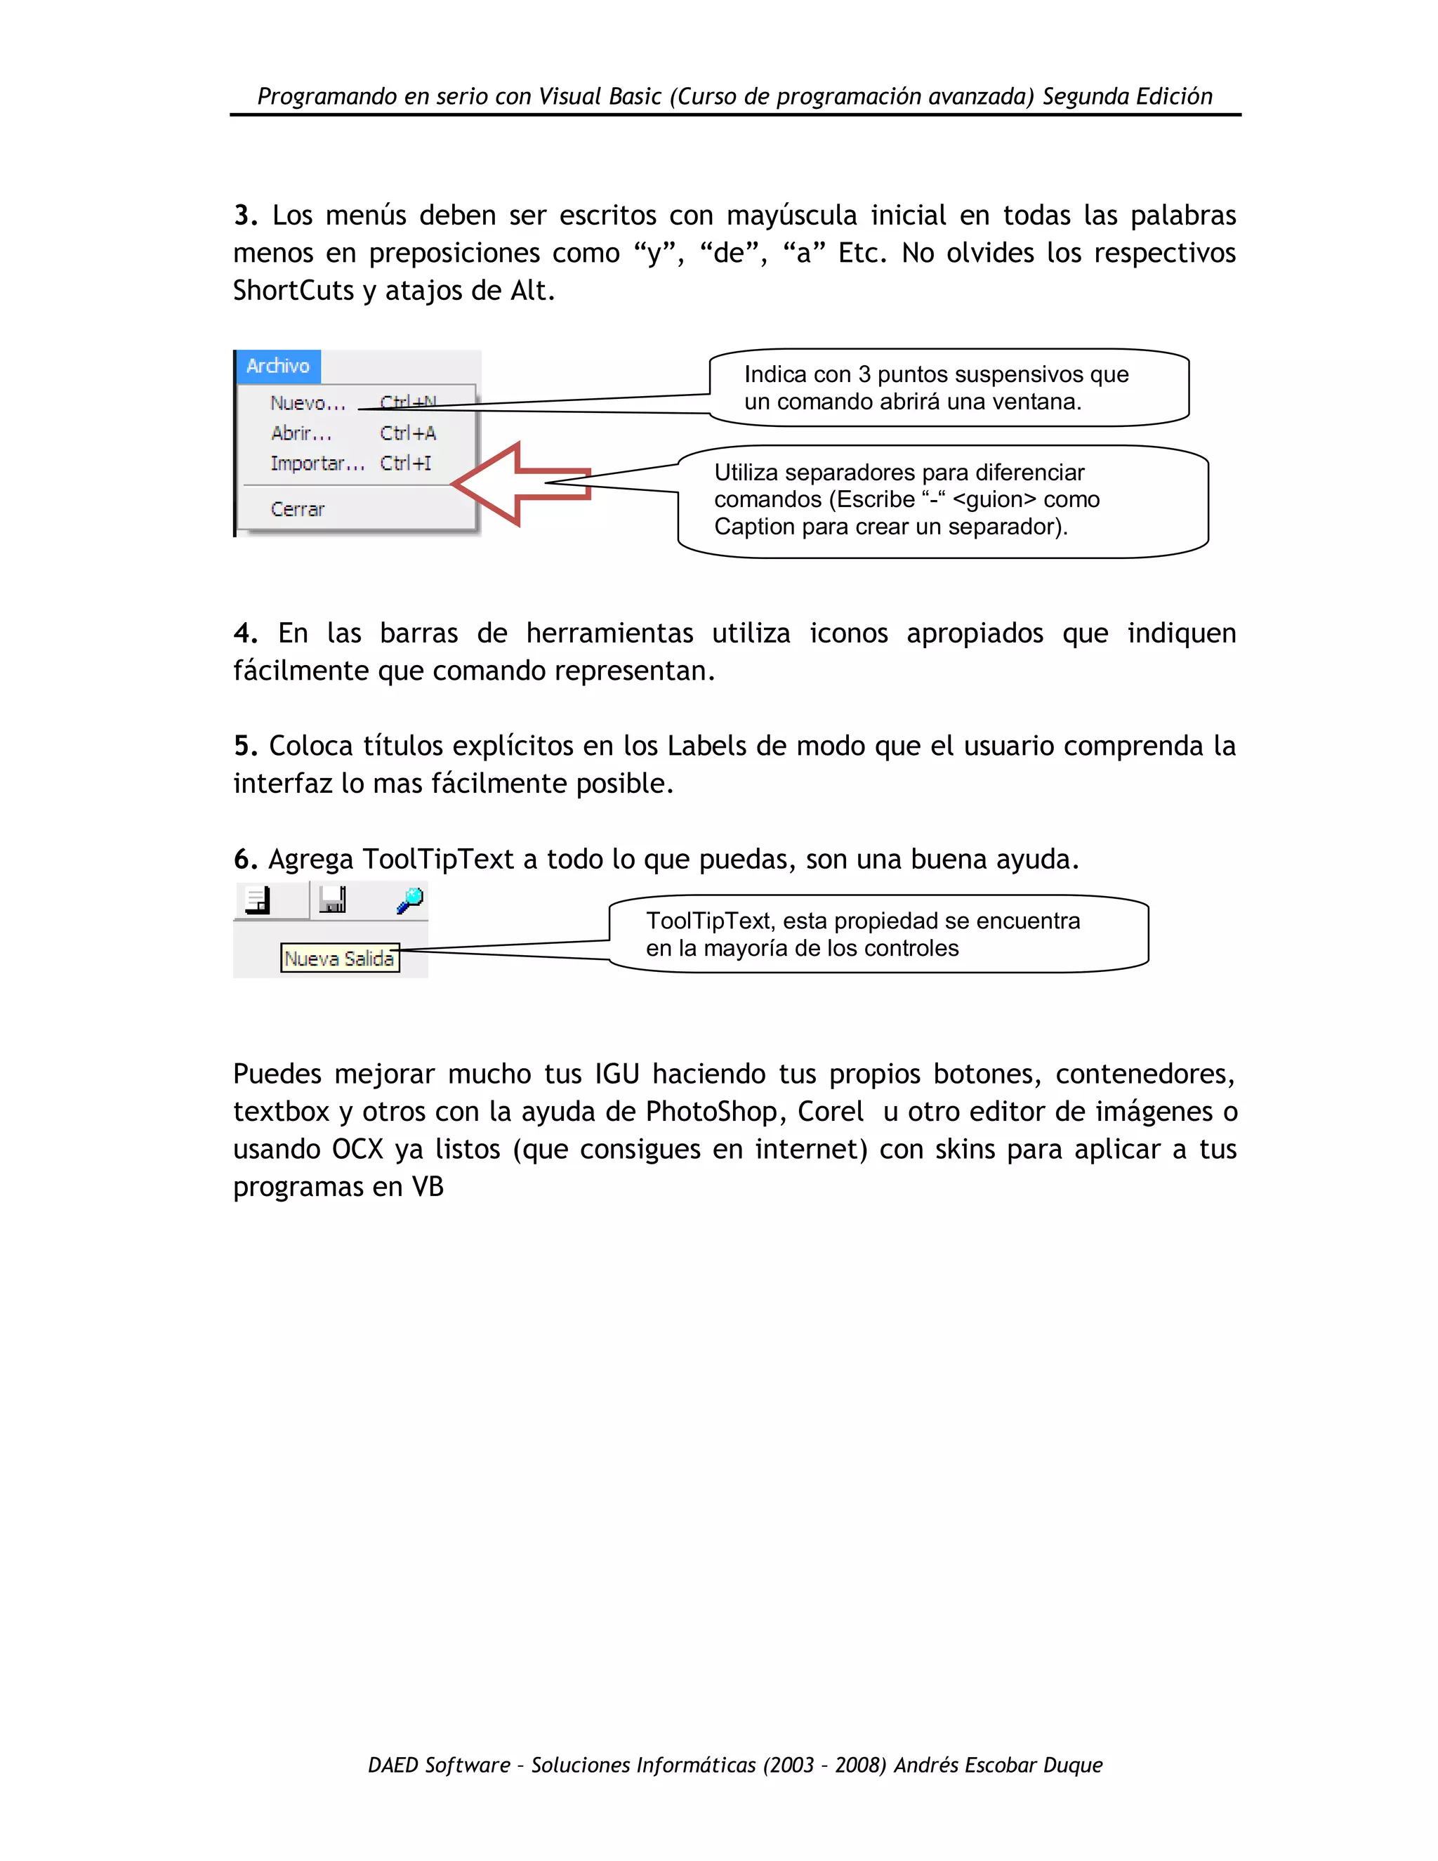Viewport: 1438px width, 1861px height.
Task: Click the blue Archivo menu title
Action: [x=278, y=367]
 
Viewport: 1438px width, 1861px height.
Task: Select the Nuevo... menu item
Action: [x=308, y=404]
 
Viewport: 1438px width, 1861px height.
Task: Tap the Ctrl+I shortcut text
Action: [x=406, y=463]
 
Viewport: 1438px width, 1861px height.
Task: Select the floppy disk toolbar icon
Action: [x=332, y=900]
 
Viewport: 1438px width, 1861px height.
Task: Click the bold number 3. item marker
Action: [x=245, y=216]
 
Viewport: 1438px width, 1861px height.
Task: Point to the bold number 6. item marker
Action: [x=245, y=860]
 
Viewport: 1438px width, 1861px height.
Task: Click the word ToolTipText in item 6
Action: [x=438, y=860]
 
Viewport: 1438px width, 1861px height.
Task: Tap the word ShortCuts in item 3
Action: [x=293, y=291]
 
